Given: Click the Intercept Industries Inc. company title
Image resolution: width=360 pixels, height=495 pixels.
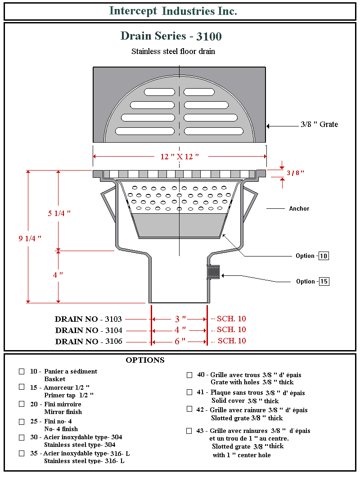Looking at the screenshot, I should click(173, 11).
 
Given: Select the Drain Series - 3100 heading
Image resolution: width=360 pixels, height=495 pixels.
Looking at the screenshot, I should click(171, 36).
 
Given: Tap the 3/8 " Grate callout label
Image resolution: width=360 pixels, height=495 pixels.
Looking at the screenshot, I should click(319, 124).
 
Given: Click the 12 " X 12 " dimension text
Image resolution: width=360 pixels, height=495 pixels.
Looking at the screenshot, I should click(180, 157).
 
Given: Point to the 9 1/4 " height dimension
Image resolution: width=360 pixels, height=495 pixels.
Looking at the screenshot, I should click(30, 238).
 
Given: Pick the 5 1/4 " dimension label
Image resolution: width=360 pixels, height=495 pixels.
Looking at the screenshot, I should click(59, 213).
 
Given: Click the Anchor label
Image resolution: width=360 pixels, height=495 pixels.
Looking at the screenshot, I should click(299, 208).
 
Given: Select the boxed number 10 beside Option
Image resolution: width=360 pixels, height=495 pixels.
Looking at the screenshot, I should click(324, 256).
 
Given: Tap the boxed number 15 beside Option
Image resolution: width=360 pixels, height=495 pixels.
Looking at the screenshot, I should click(324, 282).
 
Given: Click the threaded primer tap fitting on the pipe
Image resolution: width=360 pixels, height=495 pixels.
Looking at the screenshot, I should click(213, 272).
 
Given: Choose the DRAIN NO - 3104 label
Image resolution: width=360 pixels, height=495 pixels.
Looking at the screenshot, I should click(88, 330).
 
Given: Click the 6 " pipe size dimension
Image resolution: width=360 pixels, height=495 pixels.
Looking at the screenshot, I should click(180, 342).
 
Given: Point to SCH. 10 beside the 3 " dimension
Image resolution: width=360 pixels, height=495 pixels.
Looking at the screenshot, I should click(231, 319).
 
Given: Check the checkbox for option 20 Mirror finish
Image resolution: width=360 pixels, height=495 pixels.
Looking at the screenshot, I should click(22, 404).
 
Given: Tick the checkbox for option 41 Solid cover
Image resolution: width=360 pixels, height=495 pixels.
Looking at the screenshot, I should click(189, 392).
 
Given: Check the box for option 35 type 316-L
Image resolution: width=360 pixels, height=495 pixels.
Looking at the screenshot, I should click(22, 454).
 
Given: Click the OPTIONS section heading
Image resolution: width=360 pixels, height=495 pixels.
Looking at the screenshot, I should click(145, 360).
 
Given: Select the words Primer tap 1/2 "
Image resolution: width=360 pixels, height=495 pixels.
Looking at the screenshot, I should click(69, 395).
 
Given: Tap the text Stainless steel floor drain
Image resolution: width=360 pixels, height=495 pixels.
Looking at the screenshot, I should click(173, 51).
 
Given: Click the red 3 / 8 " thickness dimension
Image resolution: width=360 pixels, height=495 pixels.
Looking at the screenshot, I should click(296, 173).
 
